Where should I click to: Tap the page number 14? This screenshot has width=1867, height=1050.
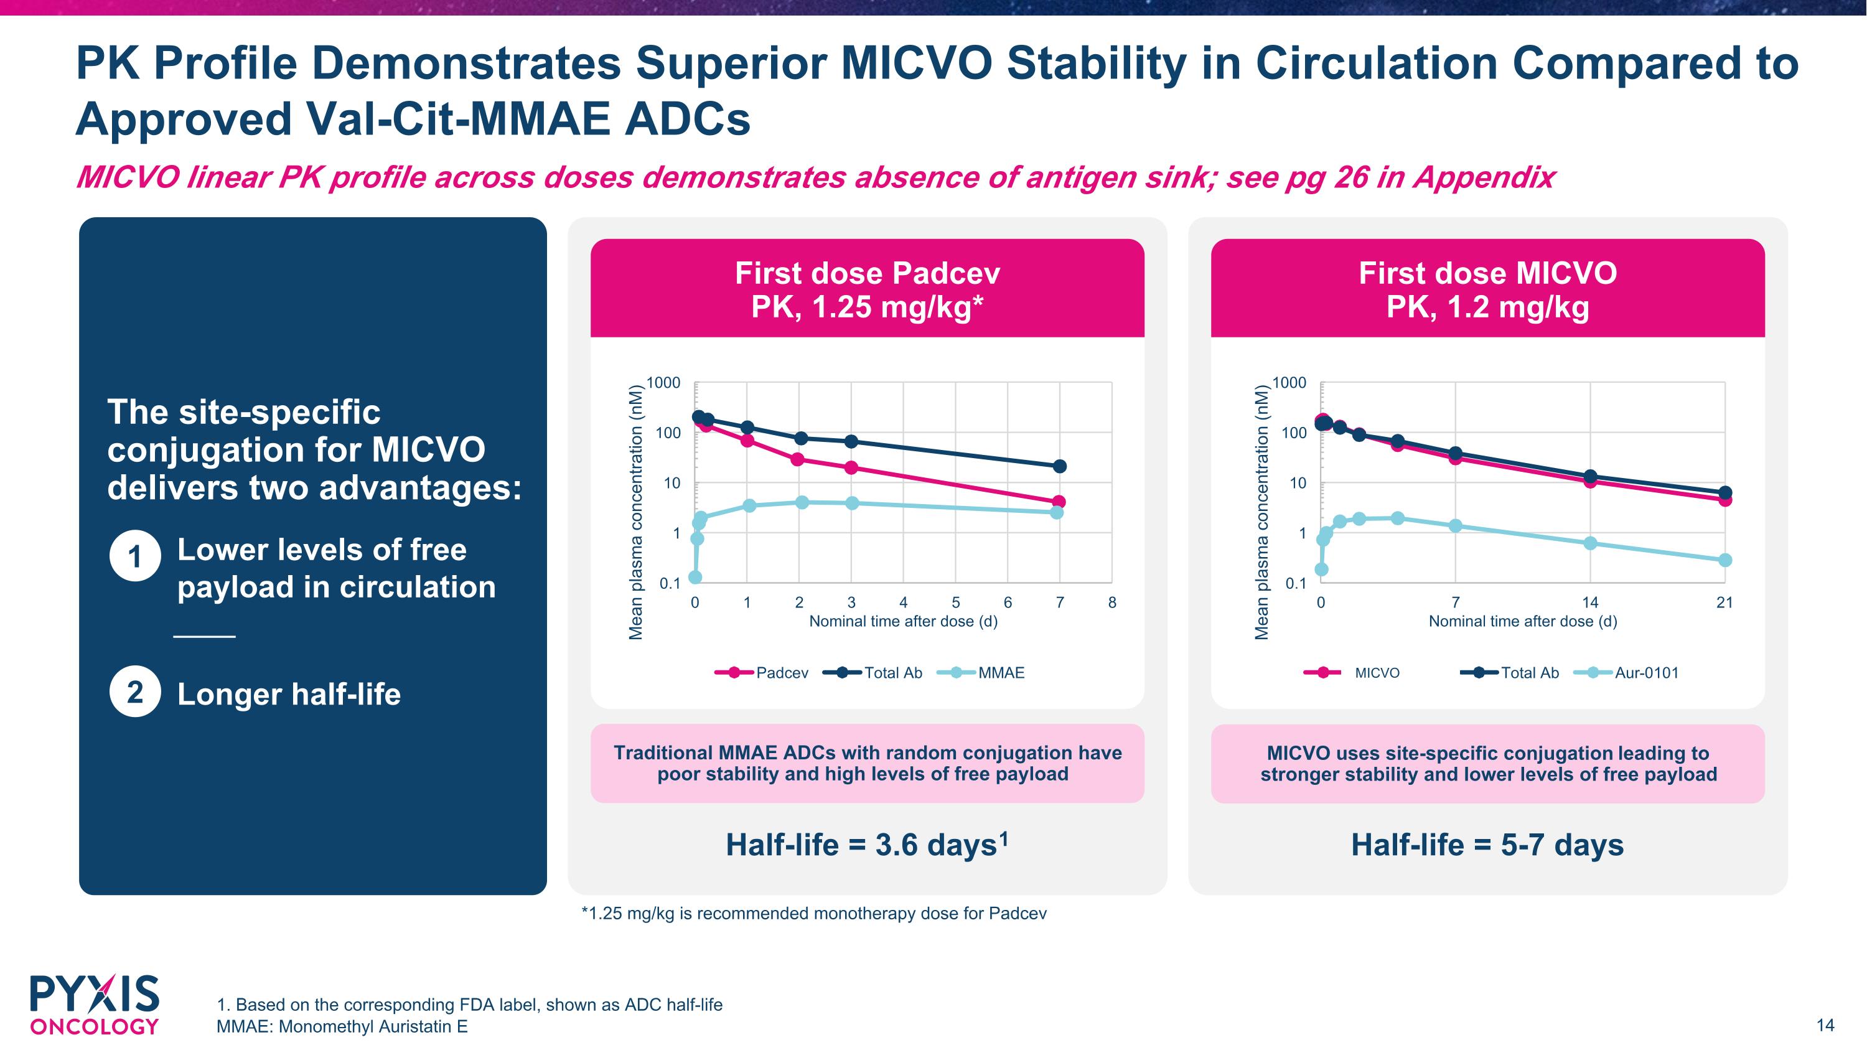click(x=1825, y=1024)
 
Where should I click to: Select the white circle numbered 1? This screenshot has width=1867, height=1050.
click(x=135, y=556)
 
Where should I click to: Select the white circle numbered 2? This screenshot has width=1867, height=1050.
click(x=135, y=692)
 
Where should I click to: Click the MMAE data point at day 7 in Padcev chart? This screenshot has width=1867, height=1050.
click(x=1057, y=512)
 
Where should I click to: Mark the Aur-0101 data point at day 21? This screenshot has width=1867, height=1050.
click(x=1725, y=560)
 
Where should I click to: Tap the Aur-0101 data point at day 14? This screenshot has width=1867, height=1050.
click(x=1590, y=543)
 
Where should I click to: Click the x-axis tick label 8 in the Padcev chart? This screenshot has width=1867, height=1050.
click(x=1111, y=602)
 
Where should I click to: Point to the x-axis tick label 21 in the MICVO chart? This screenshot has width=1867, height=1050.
click(x=1724, y=602)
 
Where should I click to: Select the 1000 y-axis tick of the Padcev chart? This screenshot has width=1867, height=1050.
click(x=663, y=383)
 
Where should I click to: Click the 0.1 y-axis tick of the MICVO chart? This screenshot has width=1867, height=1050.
click(x=1295, y=583)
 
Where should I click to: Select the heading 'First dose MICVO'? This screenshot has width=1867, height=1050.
click(x=1487, y=273)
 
